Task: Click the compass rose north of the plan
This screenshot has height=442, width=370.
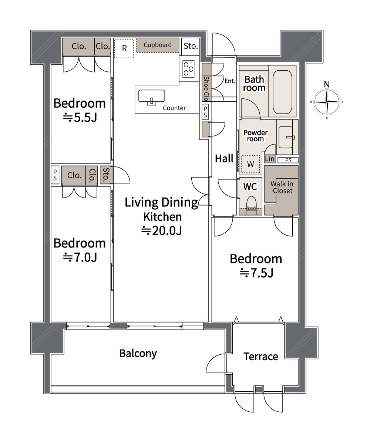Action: (x=327, y=102)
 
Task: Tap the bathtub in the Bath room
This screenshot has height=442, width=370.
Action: (x=282, y=92)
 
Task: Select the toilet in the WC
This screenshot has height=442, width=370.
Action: (x=251, y=205)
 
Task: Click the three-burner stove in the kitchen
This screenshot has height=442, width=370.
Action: (x=188, y=69)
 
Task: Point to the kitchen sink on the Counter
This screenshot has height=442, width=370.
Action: (x=151, y=97)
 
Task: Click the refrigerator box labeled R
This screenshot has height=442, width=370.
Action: (x=124, y=48)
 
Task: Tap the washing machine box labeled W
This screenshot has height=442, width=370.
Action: (x=250, y=164)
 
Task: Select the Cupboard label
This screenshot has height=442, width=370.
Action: (x=158, y=45)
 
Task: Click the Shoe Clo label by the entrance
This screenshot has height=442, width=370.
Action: (x=206, y=88)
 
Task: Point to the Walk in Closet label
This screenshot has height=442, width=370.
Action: (x=282, y=187)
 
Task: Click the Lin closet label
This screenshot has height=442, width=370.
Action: (x=270, y=159)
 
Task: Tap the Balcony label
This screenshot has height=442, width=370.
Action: (x=138, y=354)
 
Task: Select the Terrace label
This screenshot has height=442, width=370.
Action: (x=261, y=357)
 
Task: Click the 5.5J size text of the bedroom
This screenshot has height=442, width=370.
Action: (x=80, y=117)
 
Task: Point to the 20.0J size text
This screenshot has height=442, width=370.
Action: (x=162, y=230)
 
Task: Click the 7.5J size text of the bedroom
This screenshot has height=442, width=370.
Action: (x=256, y=273)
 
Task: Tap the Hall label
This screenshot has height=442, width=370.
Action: (x=224, y=158)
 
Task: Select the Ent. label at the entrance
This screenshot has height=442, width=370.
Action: (x=230, y=81)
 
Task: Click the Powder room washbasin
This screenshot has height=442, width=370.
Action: (x=286, y=137)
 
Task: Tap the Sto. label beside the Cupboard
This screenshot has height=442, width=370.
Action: (x=191, y=45)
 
